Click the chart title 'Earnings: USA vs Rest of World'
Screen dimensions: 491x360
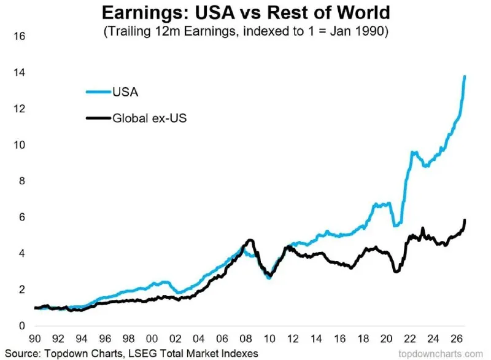[246, 13]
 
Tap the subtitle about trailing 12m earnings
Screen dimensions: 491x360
[246, 31]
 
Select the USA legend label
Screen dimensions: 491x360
[125, 92]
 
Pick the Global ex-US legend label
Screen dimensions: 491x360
[149, 118]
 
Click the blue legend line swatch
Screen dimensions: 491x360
[98, 92]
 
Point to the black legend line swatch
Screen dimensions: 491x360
[98, 118]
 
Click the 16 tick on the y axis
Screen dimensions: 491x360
[19, 36]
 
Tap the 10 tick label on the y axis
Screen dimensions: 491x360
[19, 145]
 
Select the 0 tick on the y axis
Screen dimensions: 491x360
[21, 326]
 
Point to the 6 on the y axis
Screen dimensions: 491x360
[21, 217]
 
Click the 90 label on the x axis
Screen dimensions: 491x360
[35, 338]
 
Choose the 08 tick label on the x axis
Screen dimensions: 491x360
[246, 338]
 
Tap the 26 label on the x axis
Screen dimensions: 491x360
[457, 338]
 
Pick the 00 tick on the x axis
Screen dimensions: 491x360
[152, 338]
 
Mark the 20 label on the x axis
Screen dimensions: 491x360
[387, 338]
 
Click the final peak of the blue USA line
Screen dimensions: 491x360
[465, 76]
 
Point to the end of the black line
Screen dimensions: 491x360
[465, 220]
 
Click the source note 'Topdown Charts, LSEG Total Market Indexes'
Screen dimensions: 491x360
[151, 353]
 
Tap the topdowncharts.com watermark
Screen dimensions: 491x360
[441, 354]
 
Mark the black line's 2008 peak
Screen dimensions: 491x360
[250, 240]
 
